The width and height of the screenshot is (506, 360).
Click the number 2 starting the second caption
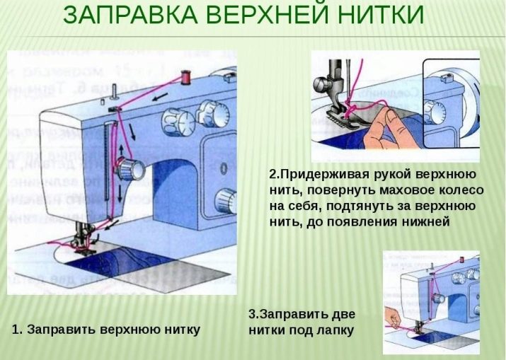click(272, 174)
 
